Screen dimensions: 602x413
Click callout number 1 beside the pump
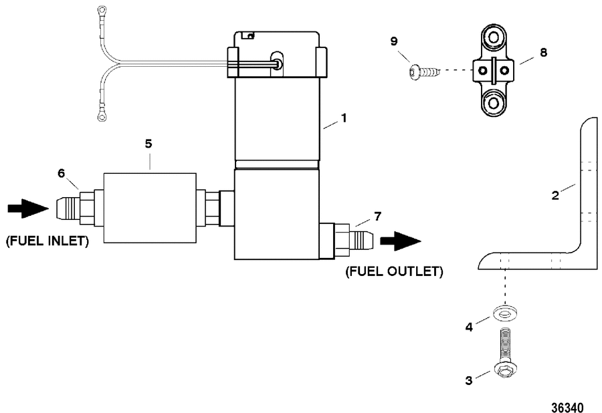pos(344,118)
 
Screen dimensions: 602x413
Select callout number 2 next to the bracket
pos(555,196)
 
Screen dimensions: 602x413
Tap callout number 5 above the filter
pos(148,144)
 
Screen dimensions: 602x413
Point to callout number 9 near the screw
pos(394,41)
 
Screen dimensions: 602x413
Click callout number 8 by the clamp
pos(543,52)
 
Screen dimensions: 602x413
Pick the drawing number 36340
pos(567,407)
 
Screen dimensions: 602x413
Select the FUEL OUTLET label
pos(394,271)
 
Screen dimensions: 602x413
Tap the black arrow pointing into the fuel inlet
pos(28,209)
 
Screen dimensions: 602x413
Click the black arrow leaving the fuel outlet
pos(401,241)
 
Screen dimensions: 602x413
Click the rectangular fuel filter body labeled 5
pos(150,208)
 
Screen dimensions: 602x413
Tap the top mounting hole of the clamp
pos(494,37)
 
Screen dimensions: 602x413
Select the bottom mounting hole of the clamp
pos(494,103)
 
